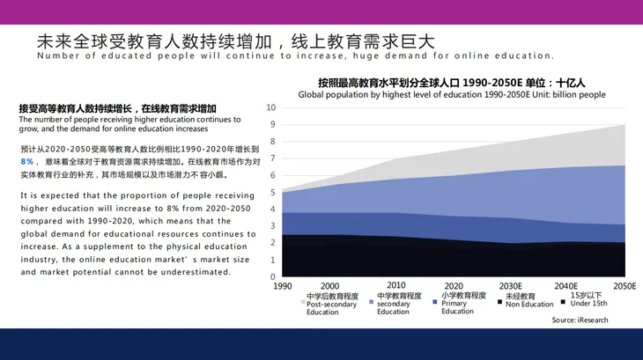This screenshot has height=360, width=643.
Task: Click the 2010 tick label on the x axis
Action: click(396, 285)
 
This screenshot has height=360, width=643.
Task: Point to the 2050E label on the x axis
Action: click(625, 286)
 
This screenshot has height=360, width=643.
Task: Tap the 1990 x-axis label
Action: click(283, 286)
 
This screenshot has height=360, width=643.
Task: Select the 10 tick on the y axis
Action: click(271, 107)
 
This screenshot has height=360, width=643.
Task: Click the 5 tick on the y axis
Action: click(273, 192)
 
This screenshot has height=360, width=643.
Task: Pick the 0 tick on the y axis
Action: click(273, 277)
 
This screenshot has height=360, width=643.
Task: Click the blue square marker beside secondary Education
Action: click(371, 302)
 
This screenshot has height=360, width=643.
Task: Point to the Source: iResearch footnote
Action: click(580, 320)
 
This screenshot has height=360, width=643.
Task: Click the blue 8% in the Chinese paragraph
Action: click(27, 162)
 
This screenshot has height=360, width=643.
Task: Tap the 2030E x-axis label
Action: click(511, 286)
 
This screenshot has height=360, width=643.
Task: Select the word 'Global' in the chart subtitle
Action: click(310, 94)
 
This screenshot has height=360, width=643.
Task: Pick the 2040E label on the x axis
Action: click(565, 286)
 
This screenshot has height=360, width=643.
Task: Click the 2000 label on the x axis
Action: click(329, 286)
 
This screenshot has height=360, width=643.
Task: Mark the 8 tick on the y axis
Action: click(273, 142)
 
